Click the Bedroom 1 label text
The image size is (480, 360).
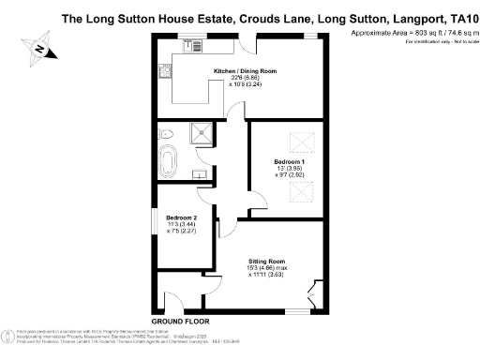click(290, 161)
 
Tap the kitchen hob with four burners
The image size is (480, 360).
click(163, 67)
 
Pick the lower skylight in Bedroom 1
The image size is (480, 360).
click(299, 192)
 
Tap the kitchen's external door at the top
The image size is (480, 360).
click(245, 43)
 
